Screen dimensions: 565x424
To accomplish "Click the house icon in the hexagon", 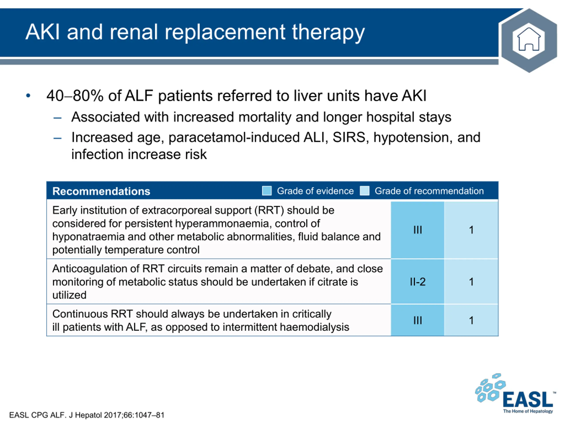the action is coord(529,40).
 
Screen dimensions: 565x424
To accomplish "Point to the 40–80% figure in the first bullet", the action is coord(75,96).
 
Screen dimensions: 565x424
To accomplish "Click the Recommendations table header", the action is coord(101,191).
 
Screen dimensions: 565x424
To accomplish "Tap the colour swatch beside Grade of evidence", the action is coord(267,191).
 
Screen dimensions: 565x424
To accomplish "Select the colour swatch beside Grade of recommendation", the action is coord(365,191).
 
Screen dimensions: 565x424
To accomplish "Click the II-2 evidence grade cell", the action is coord(418,282).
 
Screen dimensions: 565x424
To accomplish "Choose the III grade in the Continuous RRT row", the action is coord(418,320).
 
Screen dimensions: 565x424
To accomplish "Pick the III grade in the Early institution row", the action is coord(418,230).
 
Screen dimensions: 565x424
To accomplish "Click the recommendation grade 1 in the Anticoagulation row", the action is coord(471,282).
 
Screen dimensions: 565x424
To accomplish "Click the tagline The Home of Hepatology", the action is coord(528,411).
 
